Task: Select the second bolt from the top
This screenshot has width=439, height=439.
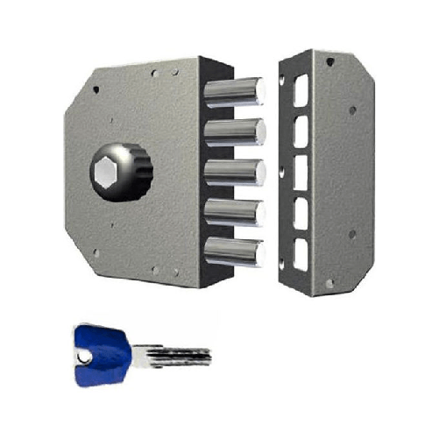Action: (234, 131)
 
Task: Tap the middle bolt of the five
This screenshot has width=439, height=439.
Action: (234, 171)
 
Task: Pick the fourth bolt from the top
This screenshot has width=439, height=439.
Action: (234, 211)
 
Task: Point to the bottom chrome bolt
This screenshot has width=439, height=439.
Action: (234, 251)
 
